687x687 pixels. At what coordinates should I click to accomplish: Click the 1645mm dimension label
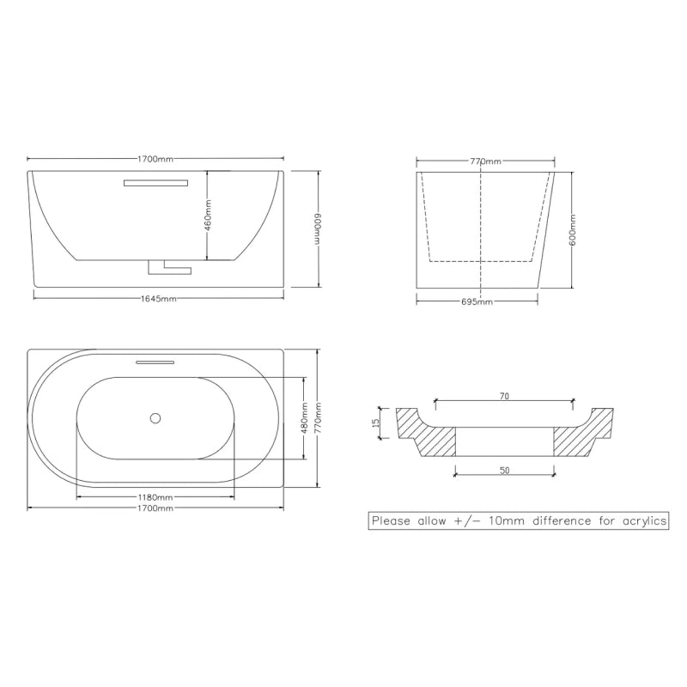[x=159, y=299]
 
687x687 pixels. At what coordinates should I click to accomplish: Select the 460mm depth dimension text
[x=208, y=216]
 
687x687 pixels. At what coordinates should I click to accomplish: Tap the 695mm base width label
[x=477, y=302]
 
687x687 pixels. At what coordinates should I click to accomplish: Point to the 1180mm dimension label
[x=155, y=497]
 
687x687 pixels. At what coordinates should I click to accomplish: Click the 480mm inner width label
[x=306, y=418]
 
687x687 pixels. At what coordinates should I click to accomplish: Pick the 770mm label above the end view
[x=485, y=161]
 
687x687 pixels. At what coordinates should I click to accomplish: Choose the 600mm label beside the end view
[x=574, y=230]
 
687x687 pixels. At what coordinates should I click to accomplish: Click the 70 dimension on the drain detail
[x=504, y=396]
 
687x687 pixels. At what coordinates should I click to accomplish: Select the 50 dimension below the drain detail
[x=505, y=471]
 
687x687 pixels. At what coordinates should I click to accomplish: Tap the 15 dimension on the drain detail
[x=375, y=423]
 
